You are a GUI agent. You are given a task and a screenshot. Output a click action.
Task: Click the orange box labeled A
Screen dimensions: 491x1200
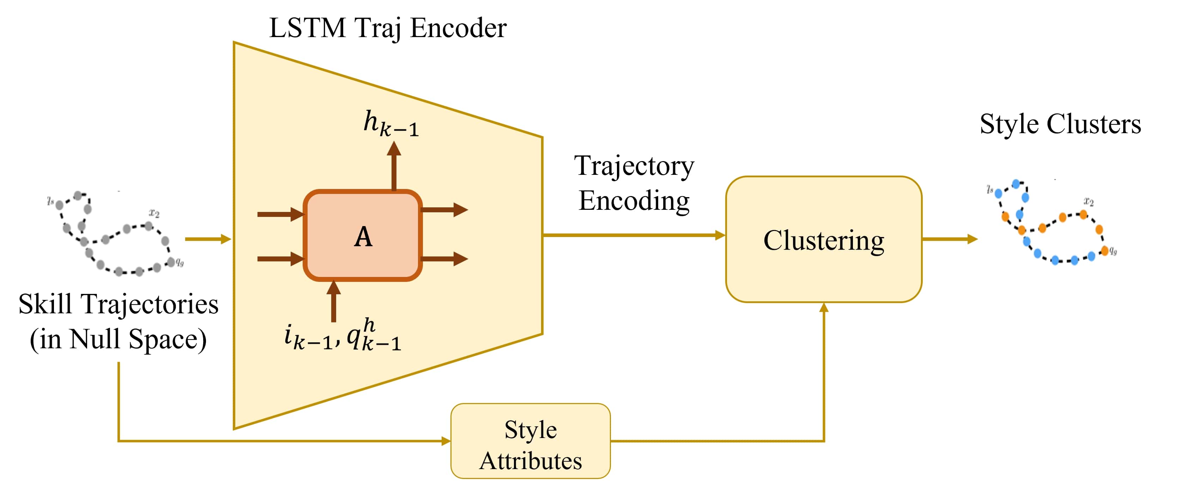(x=363, y=236)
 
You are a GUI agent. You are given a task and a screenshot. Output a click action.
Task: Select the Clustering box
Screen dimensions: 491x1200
(x=823, y=239)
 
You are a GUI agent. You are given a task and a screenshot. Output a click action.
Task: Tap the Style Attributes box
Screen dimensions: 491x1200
(x=530, y=441)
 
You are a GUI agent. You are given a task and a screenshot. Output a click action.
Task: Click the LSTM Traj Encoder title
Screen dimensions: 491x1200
(x=388, y=28)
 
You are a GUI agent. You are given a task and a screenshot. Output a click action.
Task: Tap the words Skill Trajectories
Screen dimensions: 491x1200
(x=118, y=304)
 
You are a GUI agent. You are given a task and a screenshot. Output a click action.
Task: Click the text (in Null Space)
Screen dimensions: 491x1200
(x=118, y=339)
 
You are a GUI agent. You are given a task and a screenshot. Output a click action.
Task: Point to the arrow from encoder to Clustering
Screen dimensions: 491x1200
(x=634, y=235)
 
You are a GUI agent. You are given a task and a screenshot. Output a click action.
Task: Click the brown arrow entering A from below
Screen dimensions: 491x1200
(x=334, y=301)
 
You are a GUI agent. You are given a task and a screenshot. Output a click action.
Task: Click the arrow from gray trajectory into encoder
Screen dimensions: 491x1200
(x=208, y=239)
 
